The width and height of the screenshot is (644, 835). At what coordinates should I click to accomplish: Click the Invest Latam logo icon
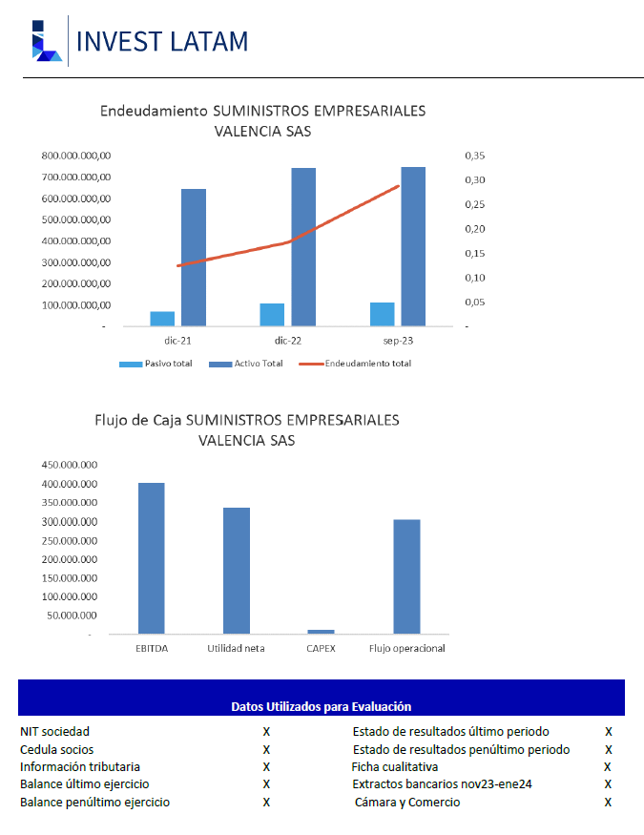click(x=47, y=41)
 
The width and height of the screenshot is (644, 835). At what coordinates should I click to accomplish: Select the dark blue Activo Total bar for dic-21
click(x=194, y=258)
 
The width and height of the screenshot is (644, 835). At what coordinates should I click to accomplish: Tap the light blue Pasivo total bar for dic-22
click(x=272, y=315)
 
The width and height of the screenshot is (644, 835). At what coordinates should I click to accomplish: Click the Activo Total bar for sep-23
click(x=413, y=246)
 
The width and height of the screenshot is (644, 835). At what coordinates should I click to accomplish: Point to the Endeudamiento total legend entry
click(x=355, y=364)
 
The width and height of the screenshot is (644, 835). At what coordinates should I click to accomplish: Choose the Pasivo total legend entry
click(x=156, y=364)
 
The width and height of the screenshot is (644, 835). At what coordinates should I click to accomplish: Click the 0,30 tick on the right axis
click(x=475, y=180)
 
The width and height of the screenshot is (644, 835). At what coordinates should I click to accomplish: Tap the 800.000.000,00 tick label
click(x=76, y=156)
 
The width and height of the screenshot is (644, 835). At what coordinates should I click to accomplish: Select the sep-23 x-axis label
click(x=398, y=341)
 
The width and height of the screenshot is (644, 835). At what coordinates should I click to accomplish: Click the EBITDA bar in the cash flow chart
click(x=152, y=558)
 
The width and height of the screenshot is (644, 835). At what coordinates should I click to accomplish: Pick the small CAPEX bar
click(x=321, y=632)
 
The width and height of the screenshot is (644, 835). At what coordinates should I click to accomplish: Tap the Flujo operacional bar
click(x=406, y=576)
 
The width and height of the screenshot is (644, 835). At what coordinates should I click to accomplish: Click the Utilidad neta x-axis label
click(x=236, y=649)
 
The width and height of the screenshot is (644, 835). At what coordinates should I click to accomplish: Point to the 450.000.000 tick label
click(x=70, y=465)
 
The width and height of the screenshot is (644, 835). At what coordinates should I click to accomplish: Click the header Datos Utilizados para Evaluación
click(x=321, y=707)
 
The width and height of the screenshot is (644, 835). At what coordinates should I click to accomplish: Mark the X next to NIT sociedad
click(x=266, y=732)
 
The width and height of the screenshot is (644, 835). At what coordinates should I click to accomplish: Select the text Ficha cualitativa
click(x=395, y=767)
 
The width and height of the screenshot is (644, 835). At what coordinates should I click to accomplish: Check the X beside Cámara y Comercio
click(x=608, y=802)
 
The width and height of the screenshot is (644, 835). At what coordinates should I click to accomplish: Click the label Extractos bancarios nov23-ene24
click(x=443, y=783)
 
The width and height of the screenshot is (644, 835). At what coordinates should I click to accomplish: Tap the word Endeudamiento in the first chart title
click(x=154, y=111)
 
